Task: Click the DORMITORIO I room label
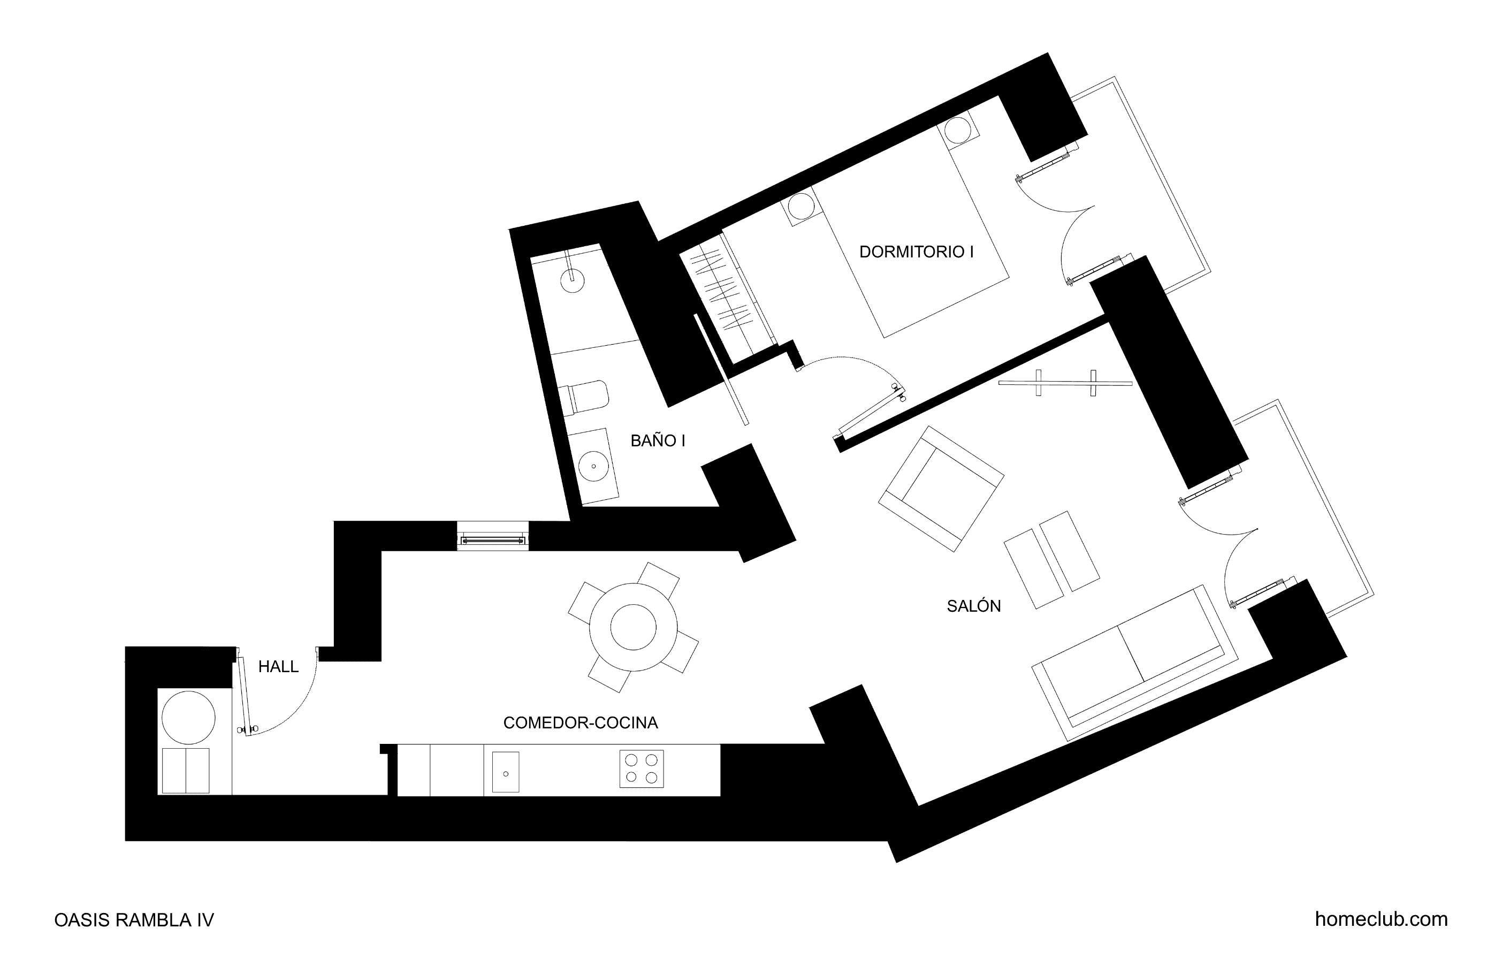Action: [916, 252]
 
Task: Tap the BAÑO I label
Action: [658, 440]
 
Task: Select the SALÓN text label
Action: [974, 606]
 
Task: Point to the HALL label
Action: [278, 667]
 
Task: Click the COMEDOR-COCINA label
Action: [581, 722]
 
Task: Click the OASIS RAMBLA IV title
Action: [134, 920]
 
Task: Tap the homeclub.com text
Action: [1382, 919]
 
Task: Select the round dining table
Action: [633, 627]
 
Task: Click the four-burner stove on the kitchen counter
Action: [642, 768]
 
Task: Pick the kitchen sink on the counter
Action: [506, 772]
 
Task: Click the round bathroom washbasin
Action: [593, 466]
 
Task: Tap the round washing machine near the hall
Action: [188, 718]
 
